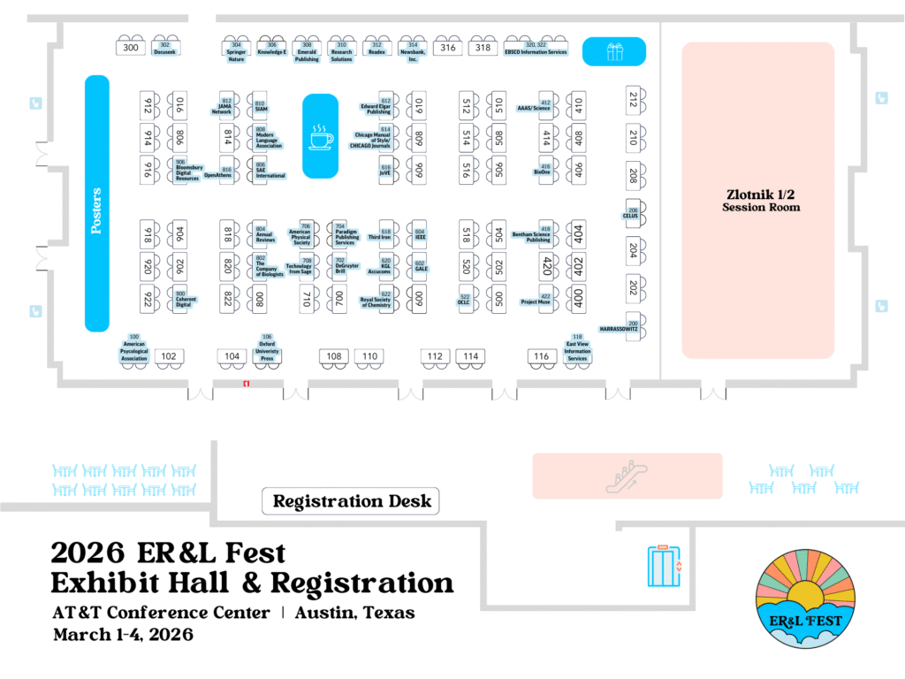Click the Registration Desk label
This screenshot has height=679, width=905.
coord(352,501)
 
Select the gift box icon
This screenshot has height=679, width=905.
coord(614,51)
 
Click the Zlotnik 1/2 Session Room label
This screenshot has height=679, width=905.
coord(757,201)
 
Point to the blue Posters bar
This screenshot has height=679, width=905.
coord(96,203)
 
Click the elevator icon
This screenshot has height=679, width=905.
coord(664,567)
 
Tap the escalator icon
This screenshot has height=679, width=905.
coord(627,477)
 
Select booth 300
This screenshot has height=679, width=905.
coord(132,48)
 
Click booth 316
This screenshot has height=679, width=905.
coord(448,48)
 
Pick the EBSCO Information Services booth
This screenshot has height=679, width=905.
coord(536,49)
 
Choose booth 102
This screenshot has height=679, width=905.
coord(169,357)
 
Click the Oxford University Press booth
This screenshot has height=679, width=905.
coord(267,347)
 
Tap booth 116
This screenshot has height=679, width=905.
coord(542,357)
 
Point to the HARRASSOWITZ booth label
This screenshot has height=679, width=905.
coord(619,328)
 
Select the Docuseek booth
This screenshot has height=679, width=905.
coord(165,49)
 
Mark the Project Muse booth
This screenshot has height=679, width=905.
coord(536,300)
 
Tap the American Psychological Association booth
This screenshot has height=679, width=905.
coord(134,348)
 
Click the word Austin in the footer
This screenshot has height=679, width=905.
coord(327,613)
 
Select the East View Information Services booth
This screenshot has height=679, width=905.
coord(577,348)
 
